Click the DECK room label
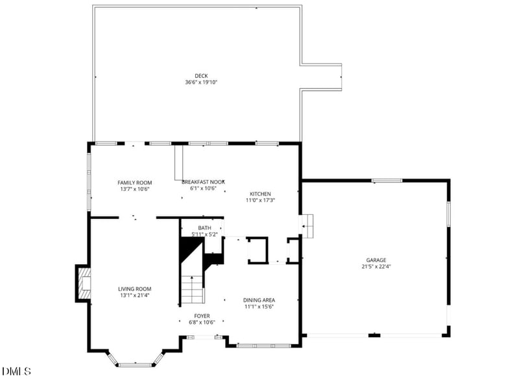coord(192,76)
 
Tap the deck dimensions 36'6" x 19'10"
coord(192,82)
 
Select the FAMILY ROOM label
coord(134,182)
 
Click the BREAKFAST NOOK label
coord(203,182)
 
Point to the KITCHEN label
coord(260,194)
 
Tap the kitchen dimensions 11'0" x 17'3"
coord(260,201)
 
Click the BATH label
coord(204,227)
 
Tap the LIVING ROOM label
coord(134,289)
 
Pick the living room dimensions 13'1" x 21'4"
coord(134,295)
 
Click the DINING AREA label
coord(259,300)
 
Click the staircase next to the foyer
coord(192,289)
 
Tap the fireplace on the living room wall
coord(83,284)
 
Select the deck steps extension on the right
coord(322,77)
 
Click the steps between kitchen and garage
coord(308,225)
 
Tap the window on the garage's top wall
coord(387,181)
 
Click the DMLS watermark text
coord(16,371)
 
